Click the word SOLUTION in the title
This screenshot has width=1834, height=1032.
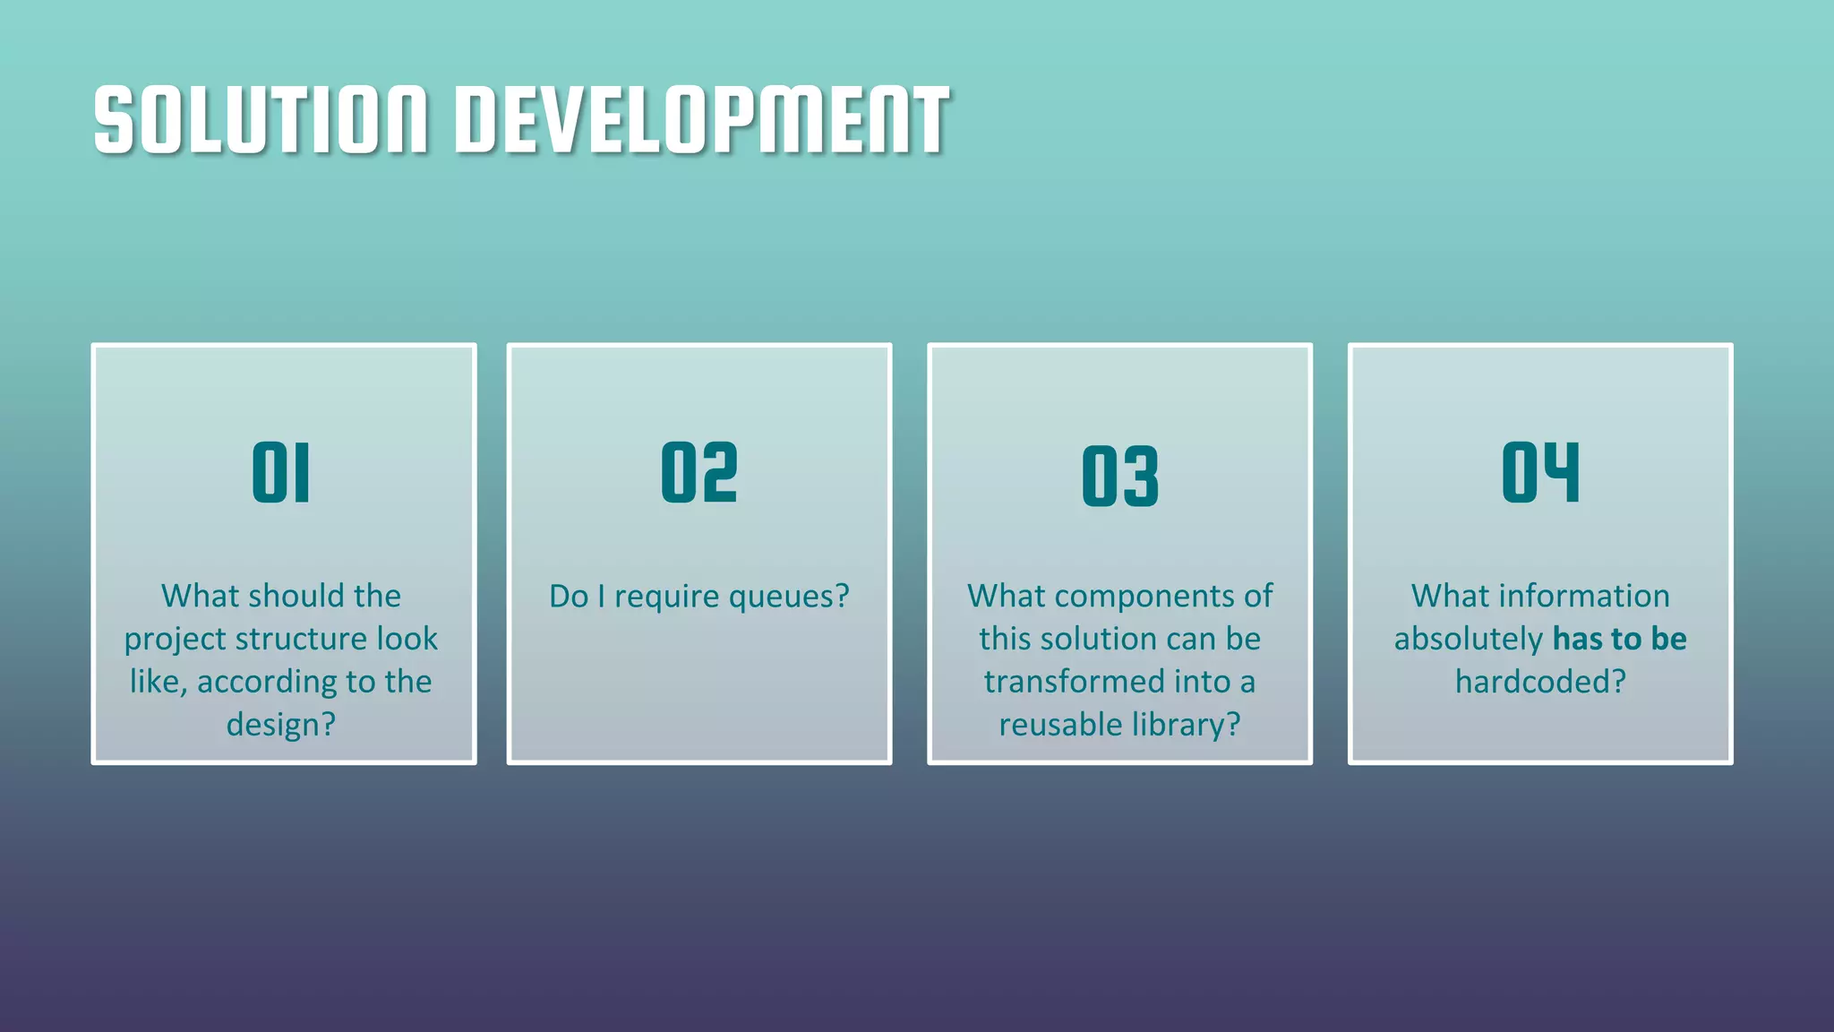coord(260,120)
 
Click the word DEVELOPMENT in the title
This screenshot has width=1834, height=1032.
coord(702,120)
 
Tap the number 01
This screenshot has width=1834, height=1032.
coord(281,472)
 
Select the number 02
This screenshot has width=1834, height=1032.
coord(699,472)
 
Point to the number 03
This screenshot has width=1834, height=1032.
coord(1119,476)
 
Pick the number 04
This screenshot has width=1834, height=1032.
coord(1540,472)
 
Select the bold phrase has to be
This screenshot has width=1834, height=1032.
coord(1619,639)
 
